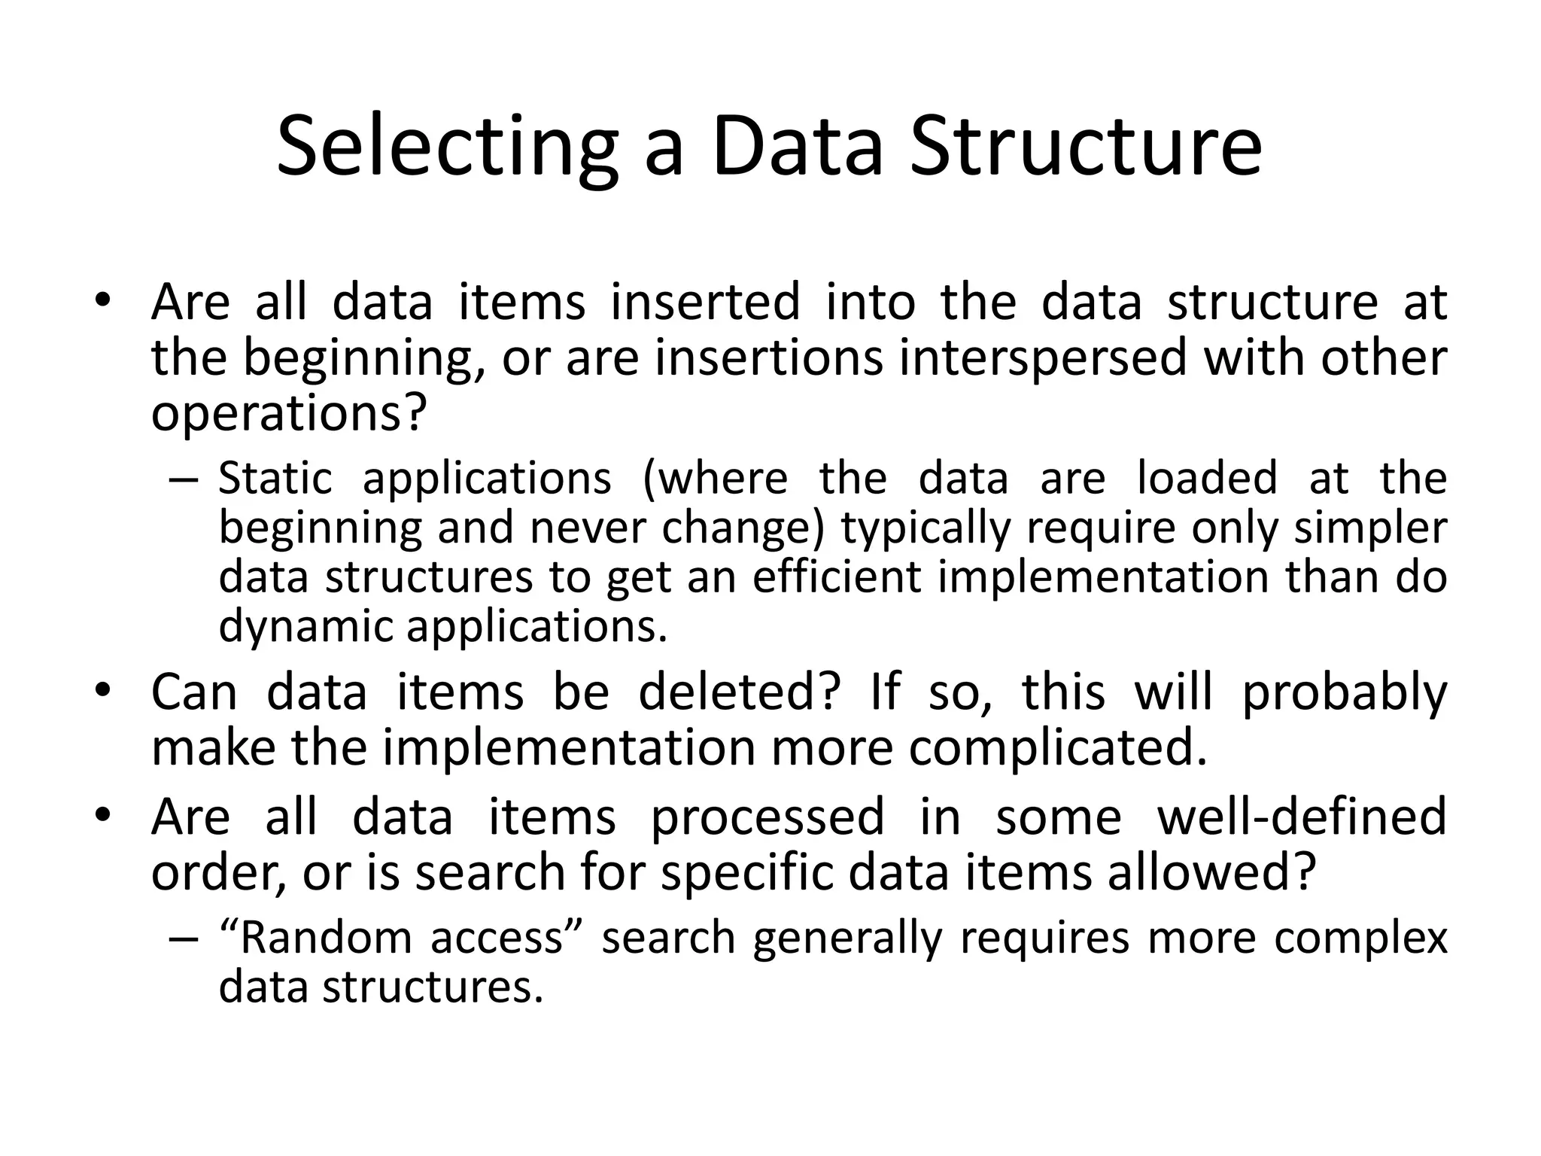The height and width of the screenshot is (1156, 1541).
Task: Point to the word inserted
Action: coord(705,302)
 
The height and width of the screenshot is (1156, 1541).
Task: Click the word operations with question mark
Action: coord(289,413)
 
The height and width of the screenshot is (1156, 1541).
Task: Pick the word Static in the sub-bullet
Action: coord(275,478)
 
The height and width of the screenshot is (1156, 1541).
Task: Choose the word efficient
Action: coord(837,577)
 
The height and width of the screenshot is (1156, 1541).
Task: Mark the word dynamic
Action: coord(305,626)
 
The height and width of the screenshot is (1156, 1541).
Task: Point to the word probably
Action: coord(1344,694)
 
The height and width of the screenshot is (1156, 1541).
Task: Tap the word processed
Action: coord(767,817)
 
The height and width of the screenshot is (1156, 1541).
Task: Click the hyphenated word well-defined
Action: coord(1302,817)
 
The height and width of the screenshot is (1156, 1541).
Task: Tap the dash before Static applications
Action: coord(184,479)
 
